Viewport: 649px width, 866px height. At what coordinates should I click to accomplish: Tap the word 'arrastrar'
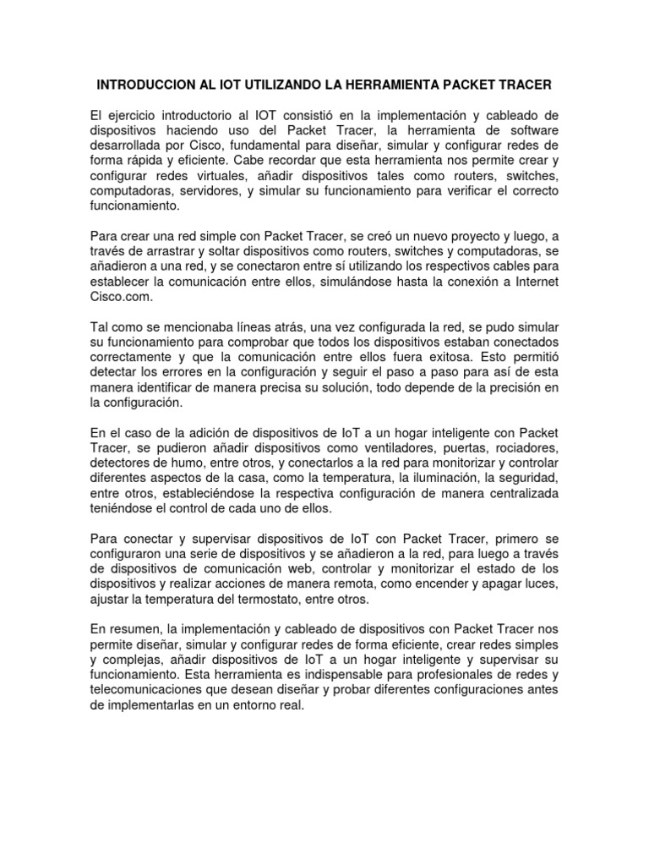point(172,250)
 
